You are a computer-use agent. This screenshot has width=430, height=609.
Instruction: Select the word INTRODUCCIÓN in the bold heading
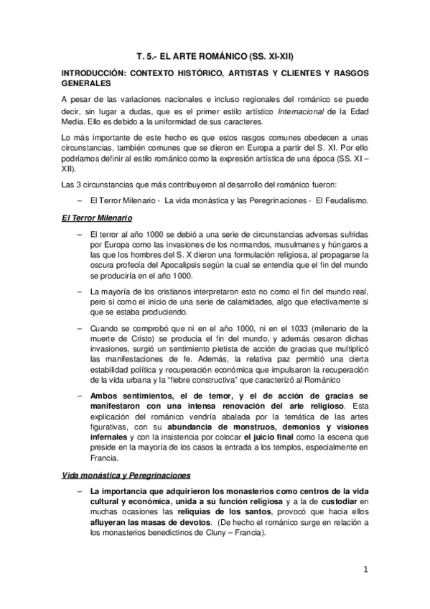93,74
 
